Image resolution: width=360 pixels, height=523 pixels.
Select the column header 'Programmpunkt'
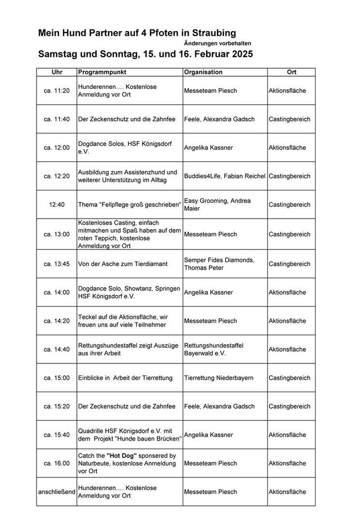coord(102,72)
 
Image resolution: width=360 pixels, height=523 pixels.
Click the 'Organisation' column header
coord(203,72)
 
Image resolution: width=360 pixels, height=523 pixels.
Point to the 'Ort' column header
coord(291,72)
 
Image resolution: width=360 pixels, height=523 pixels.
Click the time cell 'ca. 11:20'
coord(57,91)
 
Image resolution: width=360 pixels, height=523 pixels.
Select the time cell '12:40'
coord(57,204)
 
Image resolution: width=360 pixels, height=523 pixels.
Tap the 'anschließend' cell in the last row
coord(57,492)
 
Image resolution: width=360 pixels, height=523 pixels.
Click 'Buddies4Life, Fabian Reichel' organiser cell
coord(225,176)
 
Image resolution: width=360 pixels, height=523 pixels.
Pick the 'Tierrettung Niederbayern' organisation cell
coord(219,378)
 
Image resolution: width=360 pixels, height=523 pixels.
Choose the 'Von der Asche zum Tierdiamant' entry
coord(123,264)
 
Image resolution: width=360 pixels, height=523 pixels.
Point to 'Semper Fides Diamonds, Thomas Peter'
coord(219,264)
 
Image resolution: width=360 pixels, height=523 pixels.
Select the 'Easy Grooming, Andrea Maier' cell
coord(217,204)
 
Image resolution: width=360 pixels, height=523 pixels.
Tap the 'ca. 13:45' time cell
coord(57,264)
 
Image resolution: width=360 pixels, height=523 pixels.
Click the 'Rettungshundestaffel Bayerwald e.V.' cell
coord(213,349)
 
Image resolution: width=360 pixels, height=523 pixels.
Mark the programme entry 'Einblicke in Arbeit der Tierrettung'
coord(125,378)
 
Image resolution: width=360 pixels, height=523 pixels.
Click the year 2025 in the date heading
coord(237,54)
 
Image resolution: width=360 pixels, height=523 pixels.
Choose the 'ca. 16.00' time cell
coord(57,463)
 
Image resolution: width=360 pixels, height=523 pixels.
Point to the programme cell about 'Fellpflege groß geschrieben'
coord(129,204)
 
